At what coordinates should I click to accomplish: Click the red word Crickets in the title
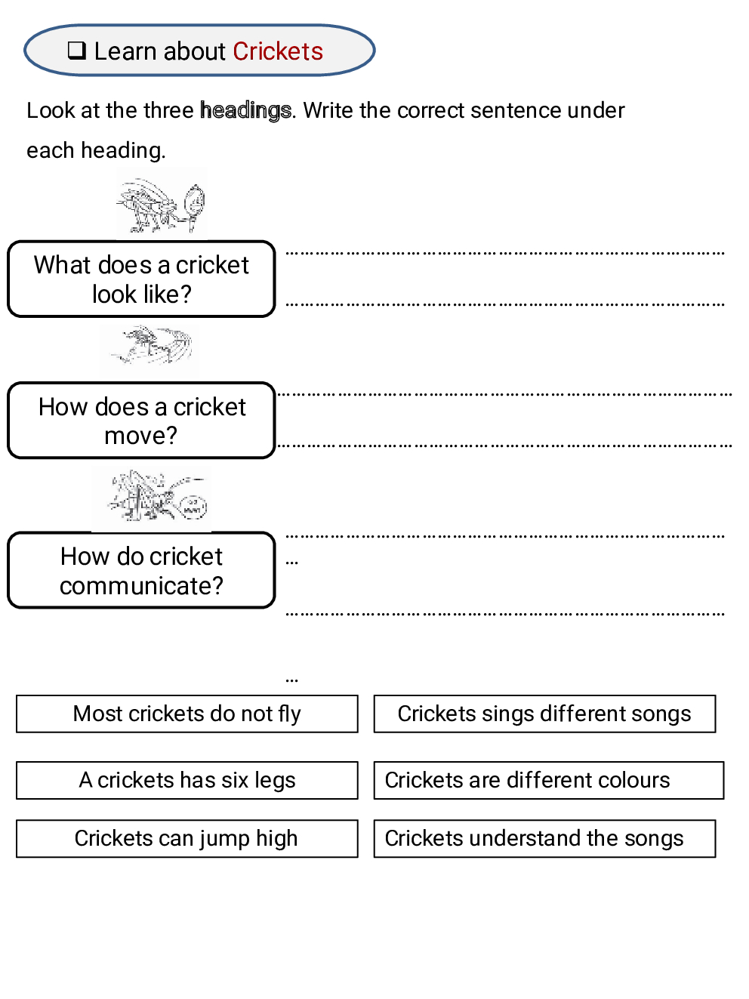pos(278,51)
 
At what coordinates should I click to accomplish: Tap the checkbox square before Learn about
pos(76,51)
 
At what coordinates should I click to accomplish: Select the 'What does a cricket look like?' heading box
pos(141,279)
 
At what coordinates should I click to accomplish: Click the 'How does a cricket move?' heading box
pos(141,421)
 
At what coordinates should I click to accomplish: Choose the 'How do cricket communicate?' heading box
pos(141,570)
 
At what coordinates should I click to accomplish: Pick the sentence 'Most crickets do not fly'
pos(186,714)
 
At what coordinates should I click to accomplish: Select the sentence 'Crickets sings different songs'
pos(544,714)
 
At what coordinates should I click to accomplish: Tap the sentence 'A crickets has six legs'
pos(186,780)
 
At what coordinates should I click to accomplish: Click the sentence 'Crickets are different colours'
pos(548,780)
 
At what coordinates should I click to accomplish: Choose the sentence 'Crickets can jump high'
pos(186,838)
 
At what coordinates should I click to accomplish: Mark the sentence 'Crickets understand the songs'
pos(544,838)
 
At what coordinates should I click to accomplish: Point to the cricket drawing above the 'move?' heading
pos(150,348)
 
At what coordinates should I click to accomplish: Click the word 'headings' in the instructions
pos(245,111)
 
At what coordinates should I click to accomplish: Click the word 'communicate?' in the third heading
pos(141,586)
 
